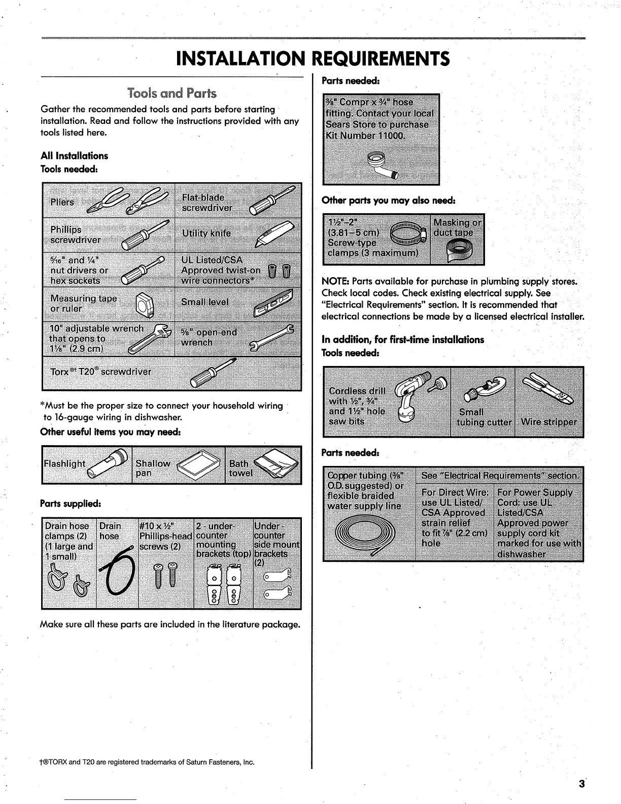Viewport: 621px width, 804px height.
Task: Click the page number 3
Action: (581, 783)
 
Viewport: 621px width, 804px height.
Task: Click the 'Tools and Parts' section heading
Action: (172, 93)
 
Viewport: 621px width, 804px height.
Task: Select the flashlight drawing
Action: (107, 463)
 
